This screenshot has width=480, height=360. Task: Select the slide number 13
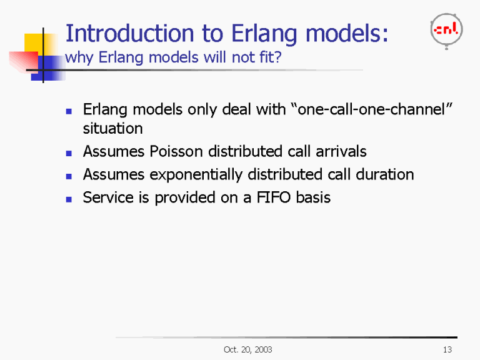446,349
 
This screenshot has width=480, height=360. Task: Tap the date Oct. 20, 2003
247,349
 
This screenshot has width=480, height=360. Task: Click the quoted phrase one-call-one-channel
371,111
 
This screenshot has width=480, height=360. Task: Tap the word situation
112,129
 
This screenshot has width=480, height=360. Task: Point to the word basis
314,198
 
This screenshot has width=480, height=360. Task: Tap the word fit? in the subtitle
270,58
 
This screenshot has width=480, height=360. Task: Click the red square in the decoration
22,61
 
